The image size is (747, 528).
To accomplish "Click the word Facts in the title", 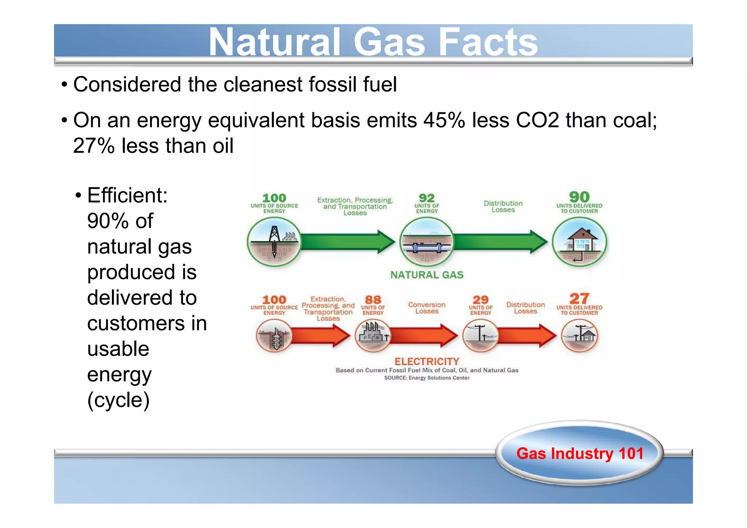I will tap(488, 42).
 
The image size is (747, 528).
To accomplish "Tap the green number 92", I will tap(426, 198).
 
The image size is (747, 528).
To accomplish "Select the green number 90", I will tap(579, 197).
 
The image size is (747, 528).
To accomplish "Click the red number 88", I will tap(373, 300).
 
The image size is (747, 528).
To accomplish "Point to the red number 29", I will tap(480, 300).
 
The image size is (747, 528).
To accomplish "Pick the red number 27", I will tap(579, 299).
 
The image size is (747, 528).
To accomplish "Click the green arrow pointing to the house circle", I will tap(500, 242).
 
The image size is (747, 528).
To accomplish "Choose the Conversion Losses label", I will tap(426, 308).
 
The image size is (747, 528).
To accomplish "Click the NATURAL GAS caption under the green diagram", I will tap(427, 275).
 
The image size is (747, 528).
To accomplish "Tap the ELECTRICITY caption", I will tap(427, 361).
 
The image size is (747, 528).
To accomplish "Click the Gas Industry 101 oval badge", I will tap(580, 454).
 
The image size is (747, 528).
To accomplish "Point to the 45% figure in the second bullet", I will tap(444, 120).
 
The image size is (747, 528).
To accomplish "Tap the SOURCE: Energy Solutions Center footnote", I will tap(426, 378).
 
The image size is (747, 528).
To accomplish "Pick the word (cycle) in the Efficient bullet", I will tap(119, 400).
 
